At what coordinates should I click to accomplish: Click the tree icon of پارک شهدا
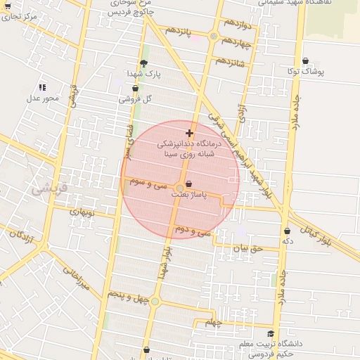(x=144, y=63)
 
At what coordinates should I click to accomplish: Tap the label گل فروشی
(x=136, y=99)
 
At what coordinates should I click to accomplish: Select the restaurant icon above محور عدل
(x=42, y=87)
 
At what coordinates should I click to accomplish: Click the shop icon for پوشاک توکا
(x=304, y=61)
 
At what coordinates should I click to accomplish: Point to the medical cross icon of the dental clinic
(x=188, y=133)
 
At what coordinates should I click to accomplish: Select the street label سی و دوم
(x=193, y=231)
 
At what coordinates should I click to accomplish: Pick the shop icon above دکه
(x=287, y=231)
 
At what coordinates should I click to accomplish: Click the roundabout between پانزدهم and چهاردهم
(x=213, y=36)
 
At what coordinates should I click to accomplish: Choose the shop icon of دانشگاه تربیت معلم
(x=271, y=334)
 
